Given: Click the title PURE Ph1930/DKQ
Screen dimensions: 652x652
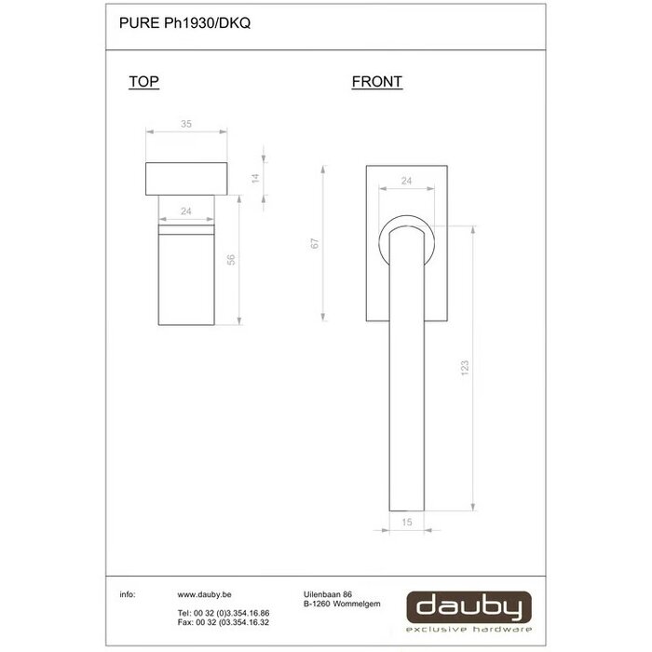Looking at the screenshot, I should pyautogui.click(x=184, y=25).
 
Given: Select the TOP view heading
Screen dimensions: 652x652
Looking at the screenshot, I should pyautogui.click(x=143, y=82).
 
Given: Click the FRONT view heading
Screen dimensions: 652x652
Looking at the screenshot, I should pyautogui.click(x=376, y=82).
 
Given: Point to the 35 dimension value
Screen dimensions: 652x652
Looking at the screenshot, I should pyautogui.click(x=185, y=123).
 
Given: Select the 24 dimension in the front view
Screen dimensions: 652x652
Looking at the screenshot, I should pyautogui.click(x=406, y=181).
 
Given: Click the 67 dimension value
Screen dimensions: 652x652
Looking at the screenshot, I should pyautogui.click(x=315, y=243).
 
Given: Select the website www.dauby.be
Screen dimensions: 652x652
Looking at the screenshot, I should pyautogui.click(x=204, y=593).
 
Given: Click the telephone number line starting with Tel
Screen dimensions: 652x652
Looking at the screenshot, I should pyautogui.click(x=210, y=612).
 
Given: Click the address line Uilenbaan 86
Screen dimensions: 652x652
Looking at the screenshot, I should pyautogui.click(x=328, y=593).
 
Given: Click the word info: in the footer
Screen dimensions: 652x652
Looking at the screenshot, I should pyautogui.click(x=128, y=593).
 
